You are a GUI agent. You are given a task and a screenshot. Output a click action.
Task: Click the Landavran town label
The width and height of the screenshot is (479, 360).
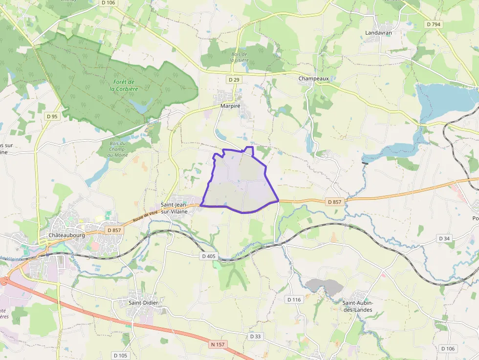click(x=379, y=33)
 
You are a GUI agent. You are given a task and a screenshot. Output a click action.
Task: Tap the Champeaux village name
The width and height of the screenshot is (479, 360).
click(x=313, y=78)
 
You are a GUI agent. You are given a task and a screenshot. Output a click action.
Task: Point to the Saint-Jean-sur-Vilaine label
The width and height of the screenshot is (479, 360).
click(x=174, y=208)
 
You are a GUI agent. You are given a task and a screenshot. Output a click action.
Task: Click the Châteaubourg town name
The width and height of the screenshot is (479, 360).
click(x=66, y=235)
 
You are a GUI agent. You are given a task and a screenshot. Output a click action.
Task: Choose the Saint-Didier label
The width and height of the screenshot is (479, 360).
click(x=143, y=303)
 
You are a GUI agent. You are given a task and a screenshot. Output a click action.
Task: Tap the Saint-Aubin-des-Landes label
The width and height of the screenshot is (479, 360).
click(x=357, y=306)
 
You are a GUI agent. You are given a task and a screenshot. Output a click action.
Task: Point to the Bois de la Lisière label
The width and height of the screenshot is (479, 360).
click(x=239, y=57)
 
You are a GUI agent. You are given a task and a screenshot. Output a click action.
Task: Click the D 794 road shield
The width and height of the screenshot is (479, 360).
click(x=433, y=24)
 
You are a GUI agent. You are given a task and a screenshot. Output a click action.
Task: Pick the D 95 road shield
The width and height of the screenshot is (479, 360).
click(x=52, y=116)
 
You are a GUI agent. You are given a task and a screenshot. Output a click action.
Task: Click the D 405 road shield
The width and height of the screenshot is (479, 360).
click(x=208, y=256)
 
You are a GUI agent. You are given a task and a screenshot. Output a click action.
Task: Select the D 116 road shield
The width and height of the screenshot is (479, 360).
click(x=294, y=299)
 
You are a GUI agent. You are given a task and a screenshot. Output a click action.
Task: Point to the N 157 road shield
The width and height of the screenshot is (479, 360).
click(x=218, y=344)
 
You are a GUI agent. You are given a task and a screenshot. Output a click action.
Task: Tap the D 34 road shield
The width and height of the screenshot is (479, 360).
click(x=444, y=238)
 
